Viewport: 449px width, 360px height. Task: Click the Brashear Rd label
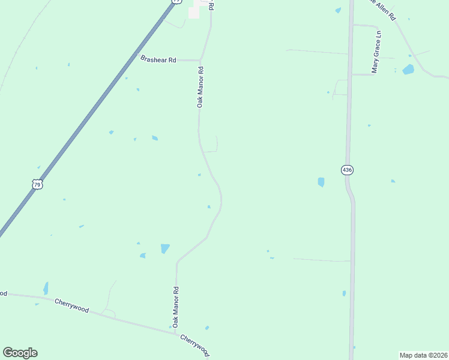[x=158, y=59]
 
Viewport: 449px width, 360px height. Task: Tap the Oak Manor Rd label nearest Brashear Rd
[x=201, y=87]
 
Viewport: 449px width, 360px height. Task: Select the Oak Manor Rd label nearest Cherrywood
[x=176, y=306]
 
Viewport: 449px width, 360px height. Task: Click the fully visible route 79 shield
[x=37, y=185]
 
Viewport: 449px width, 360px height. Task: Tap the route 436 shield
[x=347, y=170]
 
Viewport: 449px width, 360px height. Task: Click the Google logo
[x=20, y=353]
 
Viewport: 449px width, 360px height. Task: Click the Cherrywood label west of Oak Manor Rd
[x=71, y=305]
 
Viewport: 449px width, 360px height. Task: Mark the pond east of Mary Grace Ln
[x=408, y=69]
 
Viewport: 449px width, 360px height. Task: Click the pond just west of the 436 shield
[x=321, y=182]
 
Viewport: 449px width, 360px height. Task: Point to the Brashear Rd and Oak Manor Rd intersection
[x=199, y=61]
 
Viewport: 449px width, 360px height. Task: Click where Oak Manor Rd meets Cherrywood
[x=175, y=331]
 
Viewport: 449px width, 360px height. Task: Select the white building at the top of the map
[x=193, y=13]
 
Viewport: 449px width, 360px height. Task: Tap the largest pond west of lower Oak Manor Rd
[x=165, y=248]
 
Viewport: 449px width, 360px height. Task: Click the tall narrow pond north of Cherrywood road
[x=46, y=288]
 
